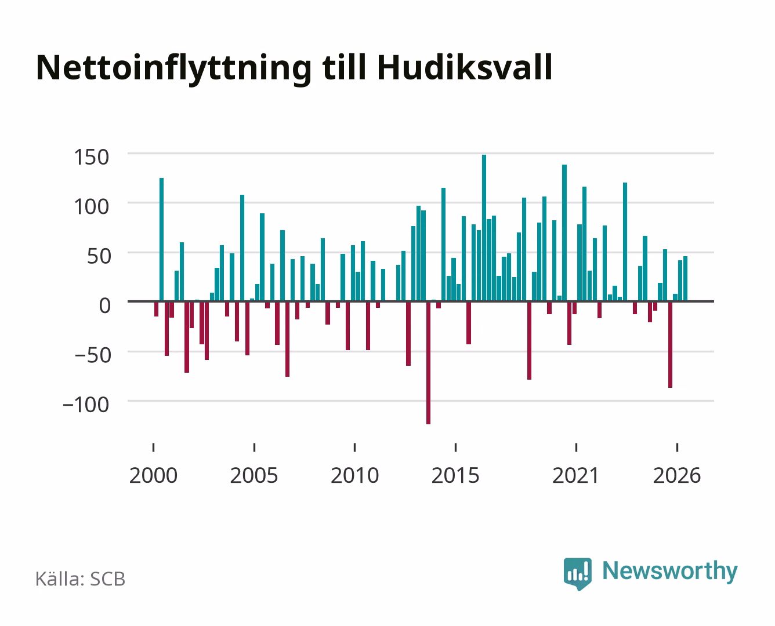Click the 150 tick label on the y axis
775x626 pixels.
click(91, 158)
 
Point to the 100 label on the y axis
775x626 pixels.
click(91, 207)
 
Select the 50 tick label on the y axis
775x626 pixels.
click(99, 256)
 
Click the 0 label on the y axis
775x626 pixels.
click(105, 305)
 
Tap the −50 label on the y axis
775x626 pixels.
click(93, 355)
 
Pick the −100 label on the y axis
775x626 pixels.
click(86, 405)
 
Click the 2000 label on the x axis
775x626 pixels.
click(153, 475)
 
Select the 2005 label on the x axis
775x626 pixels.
click(254, 475)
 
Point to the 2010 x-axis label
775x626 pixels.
click(355, 475)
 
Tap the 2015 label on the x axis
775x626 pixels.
click(455, 475)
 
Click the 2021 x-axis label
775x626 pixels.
click(575, 475)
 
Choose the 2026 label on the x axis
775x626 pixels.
click(677, 475)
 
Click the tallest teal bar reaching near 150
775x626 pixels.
click(484, 228)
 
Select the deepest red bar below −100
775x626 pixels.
click(428, 363)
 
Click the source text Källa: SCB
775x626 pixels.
click(81, 579)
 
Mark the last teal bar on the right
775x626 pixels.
click(685, 279)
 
